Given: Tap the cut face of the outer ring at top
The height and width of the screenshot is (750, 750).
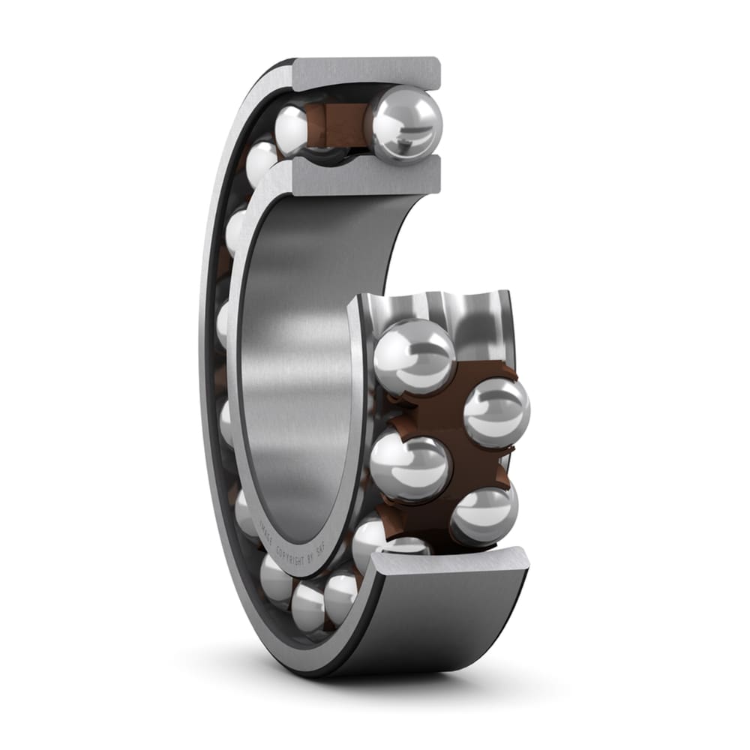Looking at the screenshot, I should point(365,73).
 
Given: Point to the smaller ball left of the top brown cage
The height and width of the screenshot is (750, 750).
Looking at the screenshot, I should point(292,129).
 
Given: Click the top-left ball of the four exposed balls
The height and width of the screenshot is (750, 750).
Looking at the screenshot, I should point(414,356).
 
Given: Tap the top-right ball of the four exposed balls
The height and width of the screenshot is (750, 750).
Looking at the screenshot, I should point(496,412).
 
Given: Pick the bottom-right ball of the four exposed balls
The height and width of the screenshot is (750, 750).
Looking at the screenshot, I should point(484,516).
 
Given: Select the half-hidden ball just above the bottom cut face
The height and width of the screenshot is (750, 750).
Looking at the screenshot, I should point(409,546).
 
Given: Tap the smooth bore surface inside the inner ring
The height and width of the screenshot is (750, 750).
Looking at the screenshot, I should point(300,360).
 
